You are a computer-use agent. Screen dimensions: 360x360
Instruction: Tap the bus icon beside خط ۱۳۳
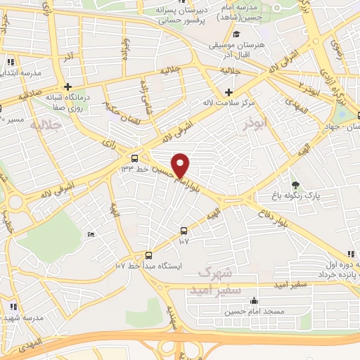pos(134,157)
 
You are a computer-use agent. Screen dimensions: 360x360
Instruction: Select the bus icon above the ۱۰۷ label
pos(184,230)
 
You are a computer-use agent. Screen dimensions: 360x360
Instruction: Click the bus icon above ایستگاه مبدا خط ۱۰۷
pos(148,256)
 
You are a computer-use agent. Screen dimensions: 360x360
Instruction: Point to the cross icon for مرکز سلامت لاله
pos(229,92)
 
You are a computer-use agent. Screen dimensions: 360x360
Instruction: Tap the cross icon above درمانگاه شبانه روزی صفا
pos(67,86)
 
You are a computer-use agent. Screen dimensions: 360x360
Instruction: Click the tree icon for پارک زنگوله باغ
pos(295,184)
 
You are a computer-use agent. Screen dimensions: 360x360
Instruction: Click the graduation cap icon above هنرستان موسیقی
pos(237,34)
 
